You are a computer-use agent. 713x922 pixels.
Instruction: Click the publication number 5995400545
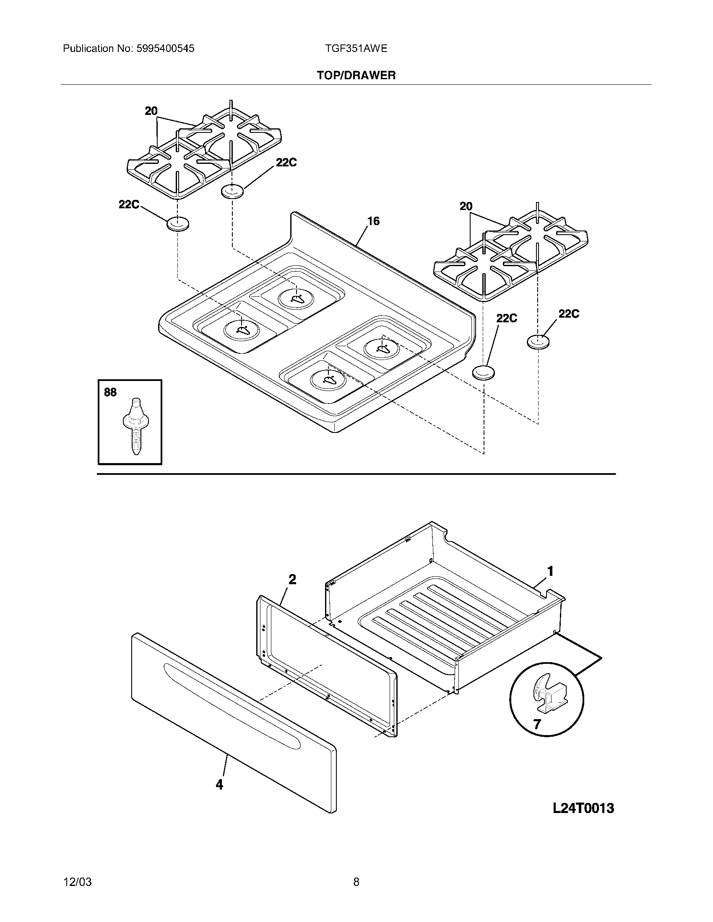tap(165, 49)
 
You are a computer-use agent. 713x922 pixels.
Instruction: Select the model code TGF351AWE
tap(356, 49)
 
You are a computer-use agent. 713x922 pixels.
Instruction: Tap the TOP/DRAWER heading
tap(356, 75)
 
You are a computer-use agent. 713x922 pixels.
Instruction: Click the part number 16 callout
tap(373, 221)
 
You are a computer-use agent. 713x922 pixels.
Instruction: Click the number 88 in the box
tap(110, 392)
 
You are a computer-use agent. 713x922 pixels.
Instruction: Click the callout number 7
tap(536, 725)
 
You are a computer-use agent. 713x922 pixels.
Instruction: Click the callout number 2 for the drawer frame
tap(292, 580)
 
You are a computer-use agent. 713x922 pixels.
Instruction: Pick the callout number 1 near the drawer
tap(550, 571)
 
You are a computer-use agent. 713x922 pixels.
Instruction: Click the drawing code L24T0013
tap(583, 808)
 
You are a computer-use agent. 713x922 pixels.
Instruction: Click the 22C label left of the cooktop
tap(129, 205)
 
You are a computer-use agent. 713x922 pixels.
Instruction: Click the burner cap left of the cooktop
tap(177, 224)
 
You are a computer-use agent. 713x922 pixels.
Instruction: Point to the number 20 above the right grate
tap(466, 207)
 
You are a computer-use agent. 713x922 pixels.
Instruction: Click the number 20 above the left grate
tap(151, 111)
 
